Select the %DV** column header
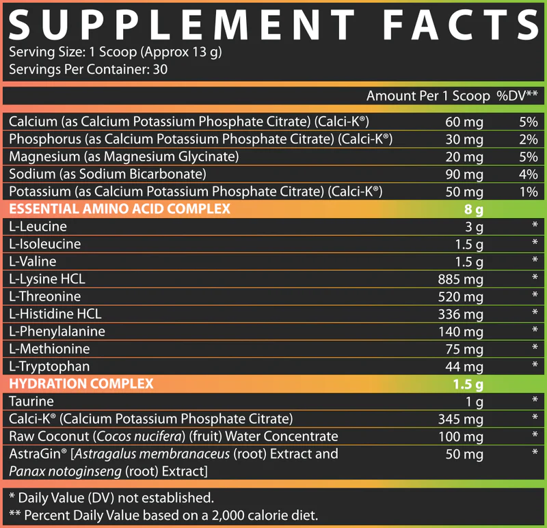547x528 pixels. pos(516,96)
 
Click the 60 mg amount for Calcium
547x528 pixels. pos(464,122)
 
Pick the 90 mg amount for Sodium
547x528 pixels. pos(464,174)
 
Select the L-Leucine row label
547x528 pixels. pos(38,226)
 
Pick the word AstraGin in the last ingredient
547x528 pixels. pos(33,454)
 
